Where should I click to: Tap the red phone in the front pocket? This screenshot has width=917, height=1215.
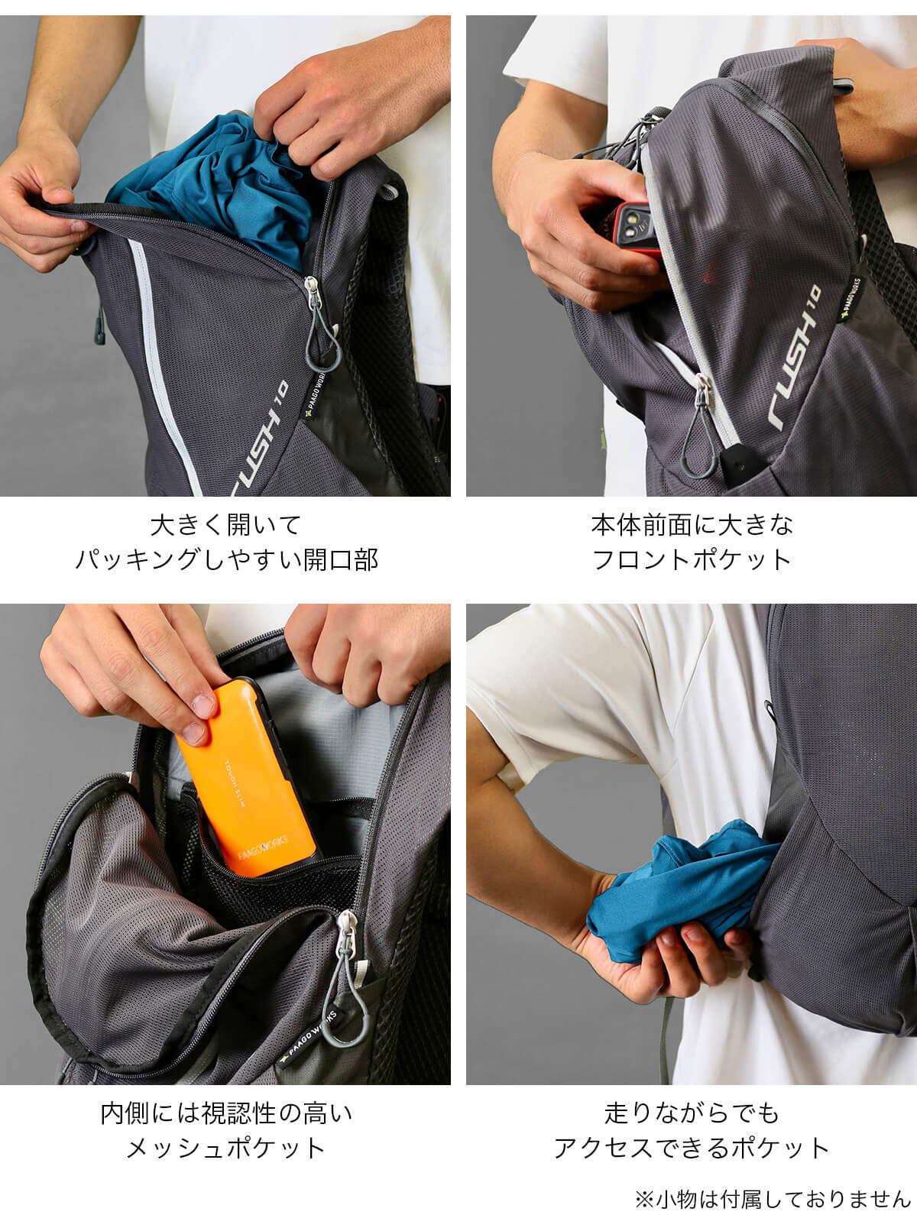[x=637, y=228]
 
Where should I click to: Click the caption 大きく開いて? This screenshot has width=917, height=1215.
[x=225, y=525]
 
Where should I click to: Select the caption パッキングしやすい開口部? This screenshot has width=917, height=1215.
[x=226, y=559]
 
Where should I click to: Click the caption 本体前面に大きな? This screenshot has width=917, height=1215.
[x=692, y=525]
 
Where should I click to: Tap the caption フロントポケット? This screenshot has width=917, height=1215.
[x=692, y=559]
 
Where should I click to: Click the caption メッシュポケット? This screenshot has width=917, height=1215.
[x=226, y=1148]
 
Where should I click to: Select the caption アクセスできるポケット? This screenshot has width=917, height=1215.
[x=692, y=1148]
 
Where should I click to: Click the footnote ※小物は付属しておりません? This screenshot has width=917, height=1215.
[x=773, y=1199]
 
